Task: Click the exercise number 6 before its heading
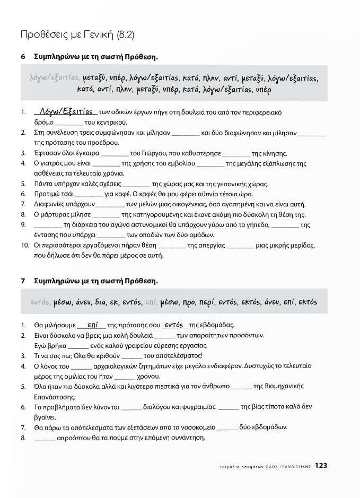(23, 56)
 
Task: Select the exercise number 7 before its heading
(23, 280)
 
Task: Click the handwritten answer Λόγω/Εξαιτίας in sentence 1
(63, 112)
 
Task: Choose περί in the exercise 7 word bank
(207, 302)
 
